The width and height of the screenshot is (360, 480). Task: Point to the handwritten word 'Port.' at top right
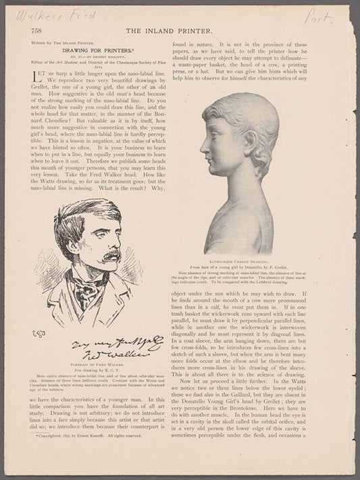(319, 16)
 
